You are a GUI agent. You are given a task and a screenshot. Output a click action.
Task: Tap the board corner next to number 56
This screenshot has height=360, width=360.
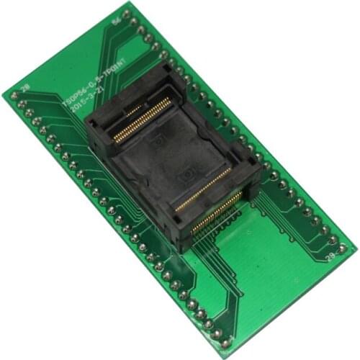(132, 3)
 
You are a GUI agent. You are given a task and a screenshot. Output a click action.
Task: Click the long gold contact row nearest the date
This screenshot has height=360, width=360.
(144, 120)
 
